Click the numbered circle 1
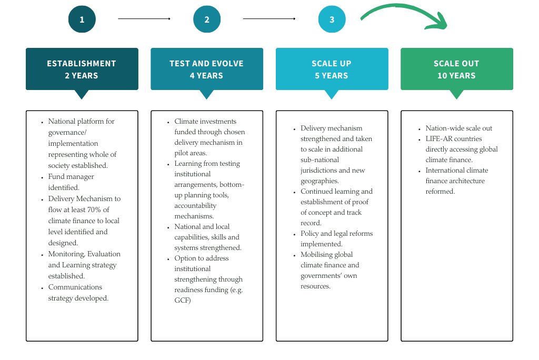click(x=82, y=20)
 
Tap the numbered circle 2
click(x=207, y=20)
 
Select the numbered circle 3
click(x=332, y=20)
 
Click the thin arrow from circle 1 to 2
click(x=144, y=19)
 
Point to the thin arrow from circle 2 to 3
click(x=269, y=19)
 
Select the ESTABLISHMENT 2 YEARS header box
click(x=82, y=69)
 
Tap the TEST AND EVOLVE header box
click(x=206, y=69)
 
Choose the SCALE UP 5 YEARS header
click(x=332, y=69)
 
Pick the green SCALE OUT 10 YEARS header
click(x=456, y=69)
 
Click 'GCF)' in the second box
click(x=183, y=300)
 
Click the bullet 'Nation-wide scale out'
click(x=459, y=128)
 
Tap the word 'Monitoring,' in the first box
click(x=66, y=254)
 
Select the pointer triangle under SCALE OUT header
click(x=456, y=95)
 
